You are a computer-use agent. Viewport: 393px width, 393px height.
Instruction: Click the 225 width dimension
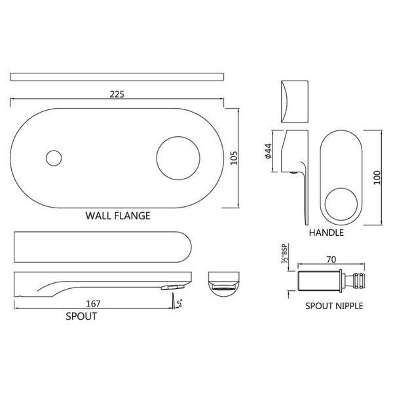tap(117, 94)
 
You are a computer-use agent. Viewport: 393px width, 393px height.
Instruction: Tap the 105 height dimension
tap(234, 158)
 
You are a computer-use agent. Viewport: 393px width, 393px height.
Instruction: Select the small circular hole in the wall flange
tap(54, 158)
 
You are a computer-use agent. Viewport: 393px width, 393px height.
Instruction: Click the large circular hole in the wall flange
tap(178, 158)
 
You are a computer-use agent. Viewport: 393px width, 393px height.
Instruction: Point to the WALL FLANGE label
tap(118, 215)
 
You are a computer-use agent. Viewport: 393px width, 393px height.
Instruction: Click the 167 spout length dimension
tap(93, 304)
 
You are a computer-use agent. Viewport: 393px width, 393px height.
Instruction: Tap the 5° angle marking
tap(179, 303)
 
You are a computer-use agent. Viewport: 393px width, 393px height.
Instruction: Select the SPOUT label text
tap(81, 316)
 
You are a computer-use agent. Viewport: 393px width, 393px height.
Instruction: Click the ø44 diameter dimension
tap(268, 151)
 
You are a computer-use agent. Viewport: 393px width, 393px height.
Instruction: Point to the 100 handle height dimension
tap(377, 178)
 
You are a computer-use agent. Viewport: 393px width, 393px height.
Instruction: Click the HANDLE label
tap(326, 233)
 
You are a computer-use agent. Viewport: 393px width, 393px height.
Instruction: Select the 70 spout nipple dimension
tap(331, 259)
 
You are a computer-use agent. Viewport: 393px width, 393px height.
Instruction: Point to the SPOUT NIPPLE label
tap(334, 306)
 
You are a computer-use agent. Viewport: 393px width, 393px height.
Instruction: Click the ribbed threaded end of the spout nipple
tap(359, 280)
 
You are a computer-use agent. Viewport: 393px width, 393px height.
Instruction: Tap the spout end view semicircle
tap(224, 284)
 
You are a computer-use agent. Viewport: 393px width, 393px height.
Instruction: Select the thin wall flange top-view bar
tap(117, 77)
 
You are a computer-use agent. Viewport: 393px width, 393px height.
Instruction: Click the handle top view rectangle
tap(295, 102)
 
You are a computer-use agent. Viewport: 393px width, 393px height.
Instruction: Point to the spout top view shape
tap(103, 247)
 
